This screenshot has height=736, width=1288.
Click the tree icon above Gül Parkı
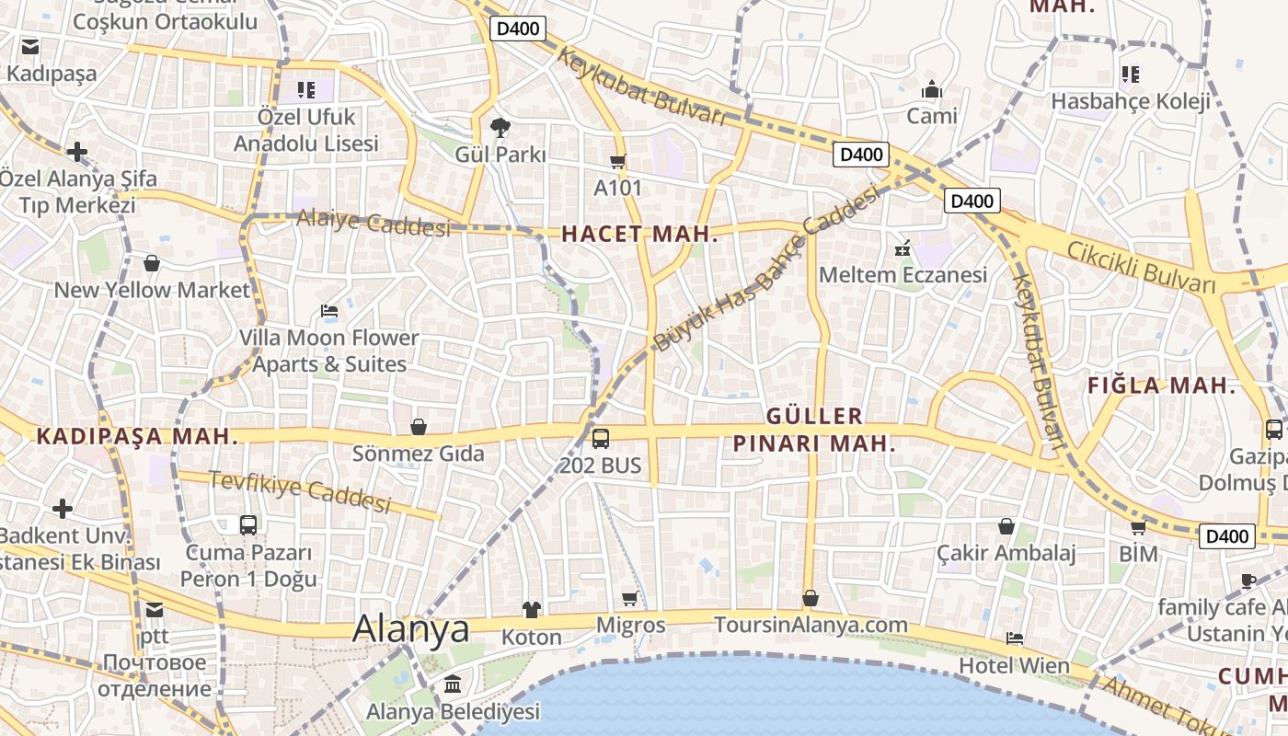(x=500, y=126)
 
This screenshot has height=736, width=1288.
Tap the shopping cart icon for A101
(x=617, y=161)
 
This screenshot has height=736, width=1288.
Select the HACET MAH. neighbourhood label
(x=639, y=234)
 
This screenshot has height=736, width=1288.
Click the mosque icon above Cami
(x=932, y=90)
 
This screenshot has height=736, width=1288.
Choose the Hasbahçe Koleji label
(x=1131, y=101)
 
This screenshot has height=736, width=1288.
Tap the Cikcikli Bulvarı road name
(x=1142, y=268)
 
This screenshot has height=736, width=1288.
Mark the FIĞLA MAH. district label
(x=1161, y=385)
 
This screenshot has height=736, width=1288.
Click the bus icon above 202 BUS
(x=601, y=438)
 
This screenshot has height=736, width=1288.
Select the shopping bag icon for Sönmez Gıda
(x=419, y=427)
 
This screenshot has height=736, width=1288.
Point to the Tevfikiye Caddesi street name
(x=300, y=491)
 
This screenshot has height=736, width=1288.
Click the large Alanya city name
(x=411, y=629)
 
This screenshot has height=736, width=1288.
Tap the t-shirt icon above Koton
(x=532, y=609)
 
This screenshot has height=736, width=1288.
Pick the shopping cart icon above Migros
(x=630, y=598)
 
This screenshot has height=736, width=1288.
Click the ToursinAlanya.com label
(x=811, y=625)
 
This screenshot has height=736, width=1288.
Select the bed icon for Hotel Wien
(x=1015, y=638)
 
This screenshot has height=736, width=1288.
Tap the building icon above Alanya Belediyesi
(x=453, y=684)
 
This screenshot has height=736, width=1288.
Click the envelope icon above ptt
(x=154, y=609)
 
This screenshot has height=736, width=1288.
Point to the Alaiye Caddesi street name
(x=374, y=223)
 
